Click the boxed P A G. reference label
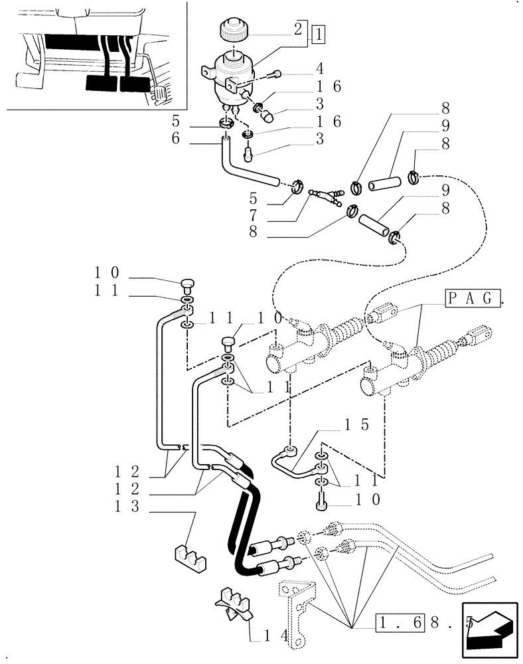pos(471,298)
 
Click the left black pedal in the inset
pos(101,83)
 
